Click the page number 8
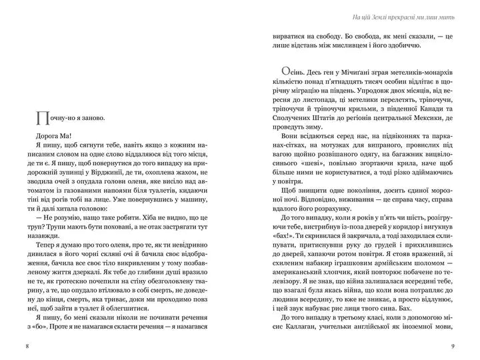tap(26, 346)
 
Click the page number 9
tap(453, 346)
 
